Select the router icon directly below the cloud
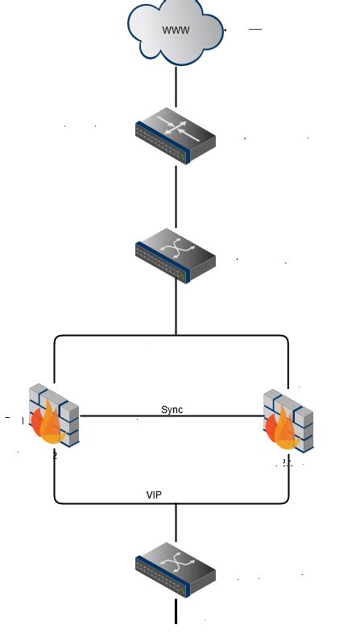tap(176, 134)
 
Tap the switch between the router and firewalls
tap(176, 254)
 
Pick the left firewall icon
tap(54, 416)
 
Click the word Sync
tap(172, 410)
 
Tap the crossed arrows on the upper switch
tap(175, 246)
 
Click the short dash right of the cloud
tap(255, 29)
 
